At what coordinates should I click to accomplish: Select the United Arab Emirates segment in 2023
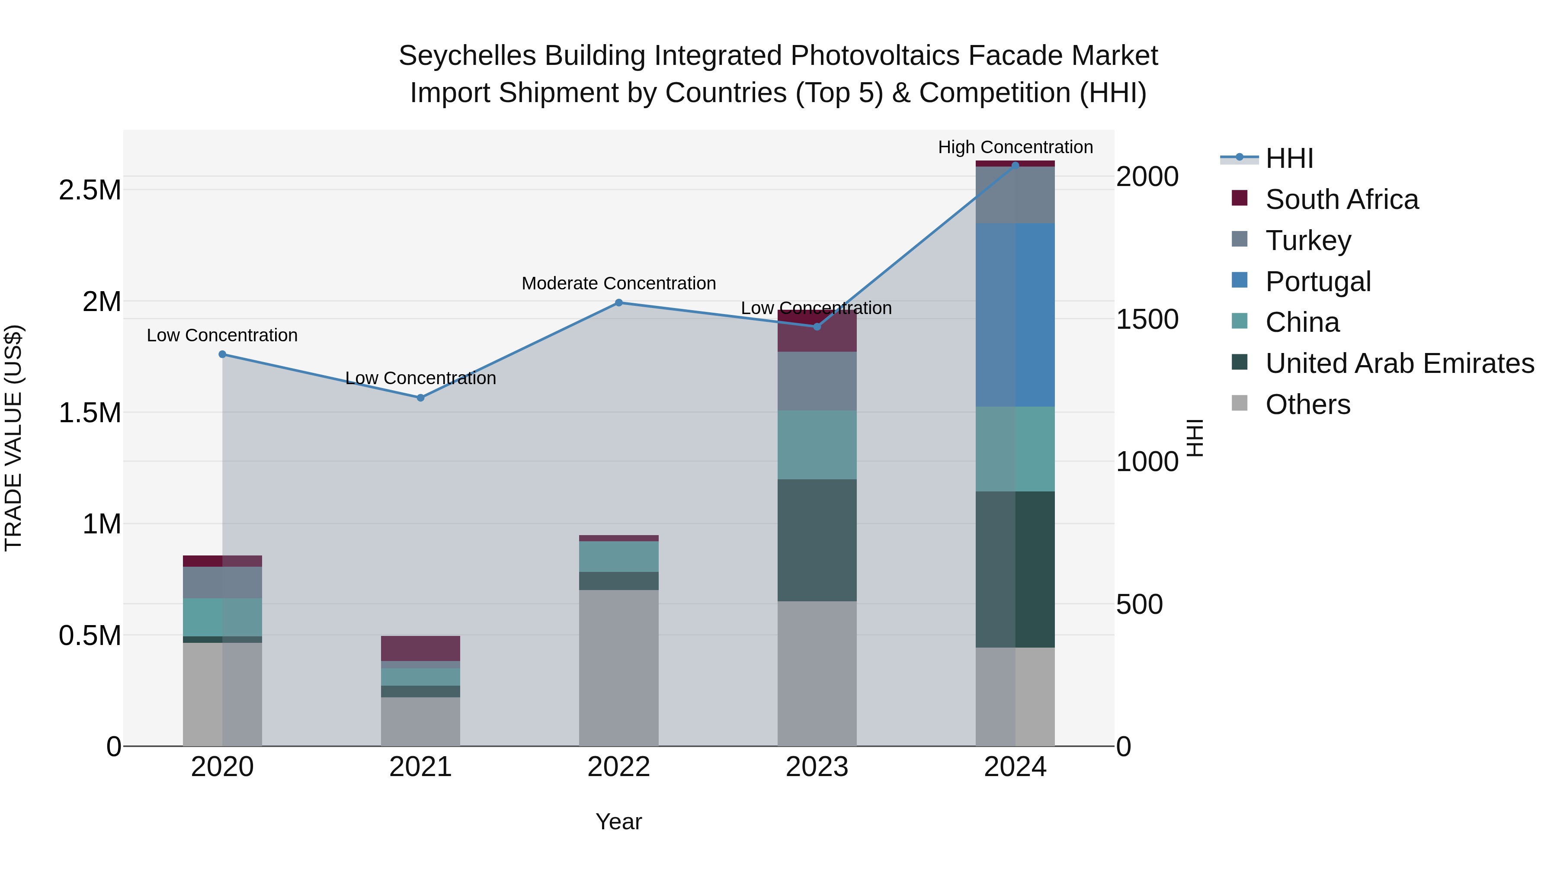click(x=817, y=540)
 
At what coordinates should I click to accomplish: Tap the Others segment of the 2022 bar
click(x=618, y=667)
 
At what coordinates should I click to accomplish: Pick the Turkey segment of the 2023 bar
click(x=817, y=381)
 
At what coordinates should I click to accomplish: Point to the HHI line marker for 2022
click(x=618, y=303)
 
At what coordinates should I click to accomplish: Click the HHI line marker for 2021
click(x=421, y=398)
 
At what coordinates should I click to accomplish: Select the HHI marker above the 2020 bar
click(x=222, y=354)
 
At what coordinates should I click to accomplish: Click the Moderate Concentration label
click(x=618, y=283)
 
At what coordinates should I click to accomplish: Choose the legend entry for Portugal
click(x=1318, y=282)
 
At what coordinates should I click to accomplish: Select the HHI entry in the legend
click(x=1289, y=158)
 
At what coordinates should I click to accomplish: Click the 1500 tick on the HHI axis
click(x=1147, y=319)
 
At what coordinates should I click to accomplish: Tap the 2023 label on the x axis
click(x=817, y=767)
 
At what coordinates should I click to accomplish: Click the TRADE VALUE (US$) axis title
click(x=13, y=438)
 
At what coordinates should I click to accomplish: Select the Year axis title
click(x=618, y=821)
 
